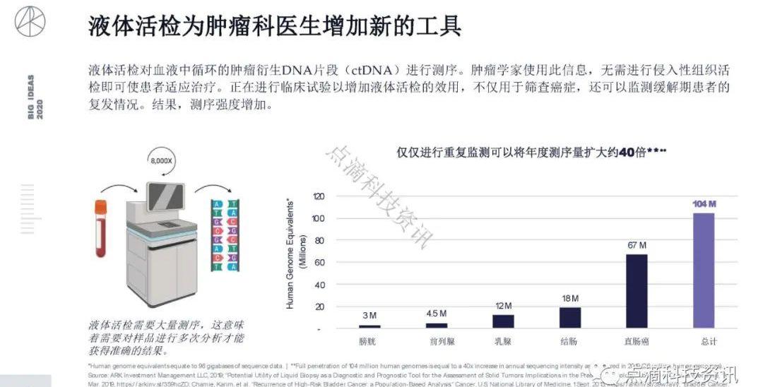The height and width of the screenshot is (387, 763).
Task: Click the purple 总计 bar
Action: click(703, 270)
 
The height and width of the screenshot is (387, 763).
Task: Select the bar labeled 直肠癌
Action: click(637, 291)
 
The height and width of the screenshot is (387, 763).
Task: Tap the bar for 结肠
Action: click(569, 318)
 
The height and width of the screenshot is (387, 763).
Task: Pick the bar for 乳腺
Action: click(503, 321)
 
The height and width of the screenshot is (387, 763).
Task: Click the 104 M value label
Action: click(704, 204)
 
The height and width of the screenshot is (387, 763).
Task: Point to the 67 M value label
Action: click(637, 245)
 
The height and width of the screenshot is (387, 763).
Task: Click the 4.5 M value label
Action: click(437, 314)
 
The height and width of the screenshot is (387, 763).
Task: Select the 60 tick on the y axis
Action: click(319, 263)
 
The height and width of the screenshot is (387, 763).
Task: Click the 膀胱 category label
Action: click(369, 342)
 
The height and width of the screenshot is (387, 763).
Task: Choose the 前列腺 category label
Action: click(436, 342)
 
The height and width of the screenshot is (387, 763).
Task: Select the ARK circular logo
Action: click(30, 21)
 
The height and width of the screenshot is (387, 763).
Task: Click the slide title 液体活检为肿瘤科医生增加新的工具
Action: click(275, 26)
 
